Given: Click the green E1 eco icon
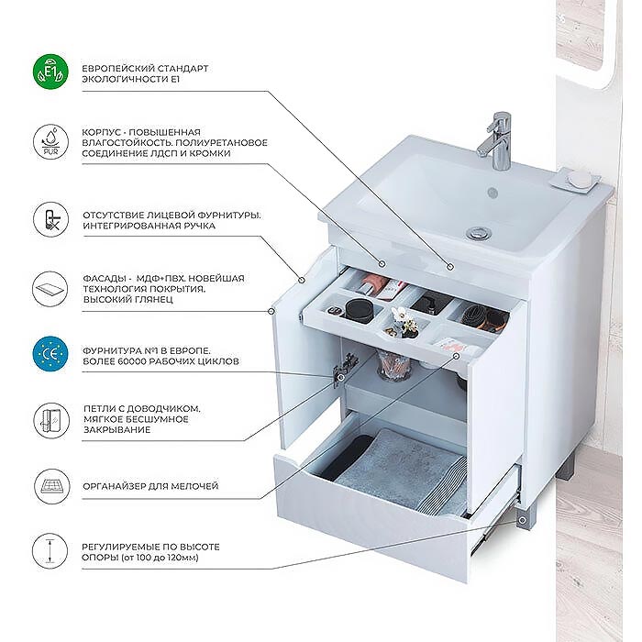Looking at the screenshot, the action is (x=50, y=72).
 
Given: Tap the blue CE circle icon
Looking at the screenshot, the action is (x=50, y=354).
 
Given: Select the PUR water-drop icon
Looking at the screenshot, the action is (x=50, y=142).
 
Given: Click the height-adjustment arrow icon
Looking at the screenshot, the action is (x=50, y=550).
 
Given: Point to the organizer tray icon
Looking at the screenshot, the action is (x=50, y=486).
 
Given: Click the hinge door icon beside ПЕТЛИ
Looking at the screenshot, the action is (x=50, y=420).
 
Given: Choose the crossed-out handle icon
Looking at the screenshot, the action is (x=50, y=220).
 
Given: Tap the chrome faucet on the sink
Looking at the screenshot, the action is (x=496, y=140).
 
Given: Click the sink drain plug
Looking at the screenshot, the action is (x=479, y=233).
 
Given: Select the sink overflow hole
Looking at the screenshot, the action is (x=493, y=192).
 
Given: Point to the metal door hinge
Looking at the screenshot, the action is (x=343, y=369).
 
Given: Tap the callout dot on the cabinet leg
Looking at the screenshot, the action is (x=522, y=520).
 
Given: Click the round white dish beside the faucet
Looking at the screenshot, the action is (x=578, y=180).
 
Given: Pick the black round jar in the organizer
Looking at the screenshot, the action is (x=360, y=310).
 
